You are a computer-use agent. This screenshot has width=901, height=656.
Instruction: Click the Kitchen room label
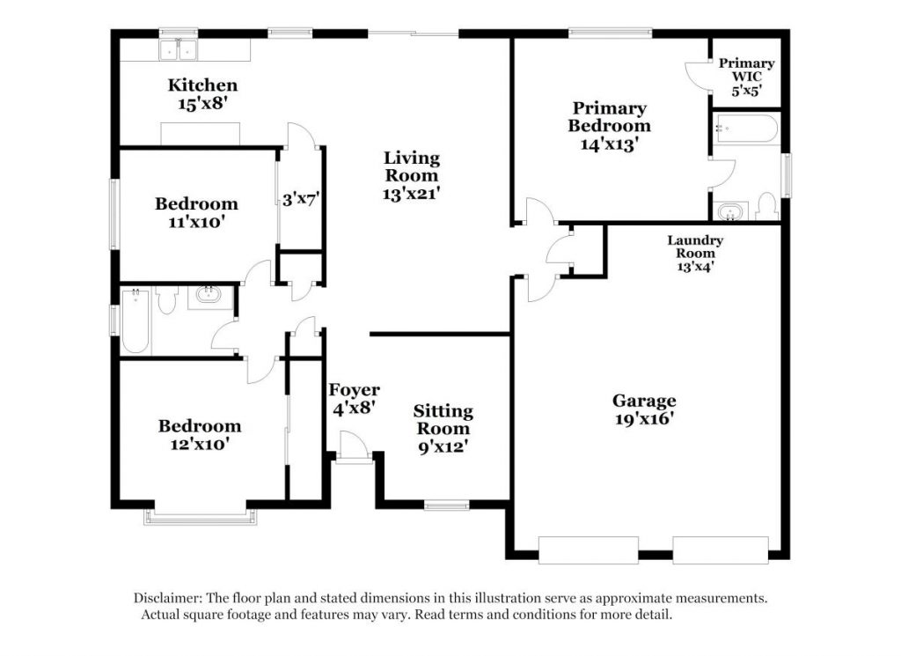(202, 85)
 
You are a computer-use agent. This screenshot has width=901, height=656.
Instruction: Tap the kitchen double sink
(178, 50)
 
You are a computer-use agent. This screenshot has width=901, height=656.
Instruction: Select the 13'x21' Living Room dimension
(412, 194)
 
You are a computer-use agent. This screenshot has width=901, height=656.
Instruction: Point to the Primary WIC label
(746, 70)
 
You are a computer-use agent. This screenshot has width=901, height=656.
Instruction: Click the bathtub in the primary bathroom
(746, 129)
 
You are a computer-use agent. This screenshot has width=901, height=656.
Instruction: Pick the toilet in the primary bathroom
(766, 206)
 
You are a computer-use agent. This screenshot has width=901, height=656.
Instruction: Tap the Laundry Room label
(695, 247)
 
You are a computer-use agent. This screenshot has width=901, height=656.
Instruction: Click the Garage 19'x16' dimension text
(644, 418)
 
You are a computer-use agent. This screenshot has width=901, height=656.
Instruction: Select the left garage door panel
(589, 550)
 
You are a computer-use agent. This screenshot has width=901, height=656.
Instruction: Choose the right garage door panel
(721, 550)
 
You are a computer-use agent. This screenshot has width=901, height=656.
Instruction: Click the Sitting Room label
(443, 420)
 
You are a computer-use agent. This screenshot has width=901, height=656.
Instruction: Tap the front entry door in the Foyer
(353, 447)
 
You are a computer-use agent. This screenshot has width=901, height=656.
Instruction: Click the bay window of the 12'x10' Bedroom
(201, 518)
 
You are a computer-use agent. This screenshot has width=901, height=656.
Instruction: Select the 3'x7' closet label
(301, 200)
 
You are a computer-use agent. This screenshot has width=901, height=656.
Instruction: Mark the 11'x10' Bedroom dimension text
(196, 222)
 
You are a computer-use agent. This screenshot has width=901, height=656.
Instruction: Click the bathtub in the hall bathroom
(136, 321)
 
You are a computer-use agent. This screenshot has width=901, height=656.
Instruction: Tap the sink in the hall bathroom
(209, 296)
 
